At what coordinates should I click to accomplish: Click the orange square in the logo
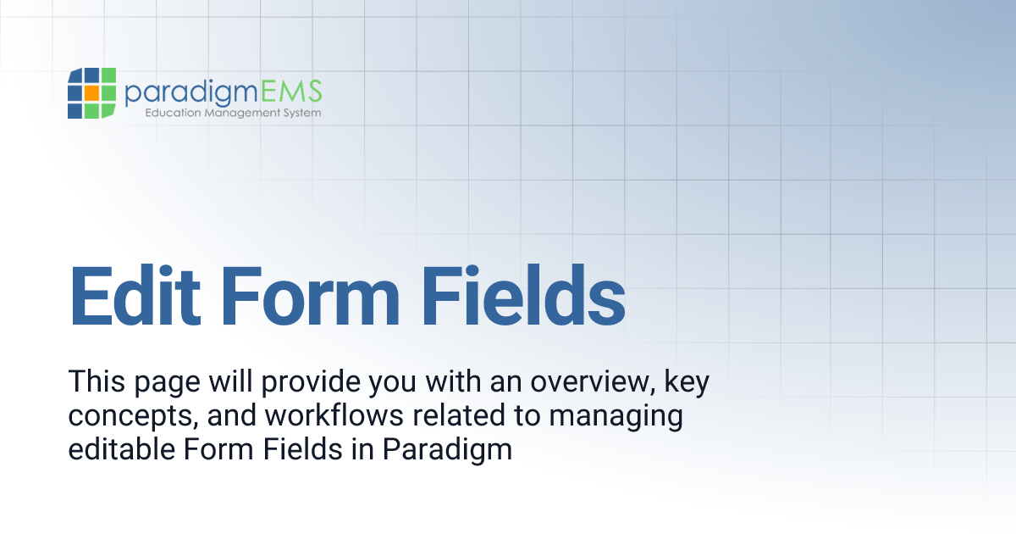89,91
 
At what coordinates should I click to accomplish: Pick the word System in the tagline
301,113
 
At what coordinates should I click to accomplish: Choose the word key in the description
686,383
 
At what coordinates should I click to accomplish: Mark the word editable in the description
120,449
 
